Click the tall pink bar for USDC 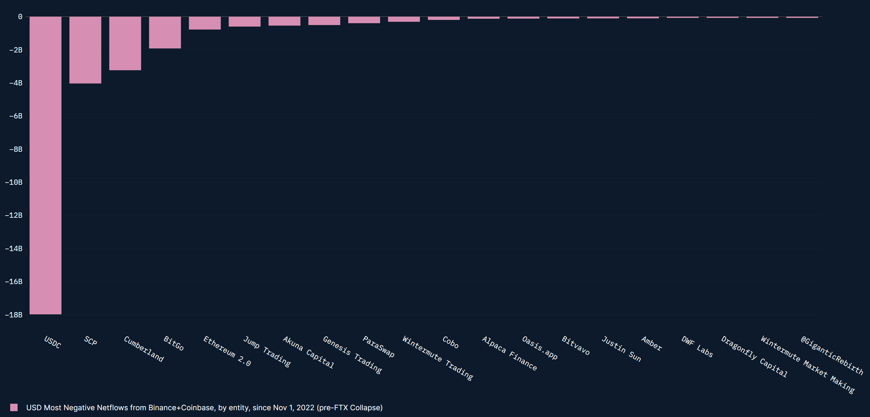[45, 165]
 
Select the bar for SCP [85, 50]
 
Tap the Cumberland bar [125, 43]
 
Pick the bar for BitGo [165, 32]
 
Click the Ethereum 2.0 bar [205, 23]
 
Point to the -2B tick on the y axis [15, 50]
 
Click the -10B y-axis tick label [14, 182]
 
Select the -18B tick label [14, 315]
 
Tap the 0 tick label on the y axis [20, 17]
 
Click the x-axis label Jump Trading [267, 352]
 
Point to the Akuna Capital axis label [308, 352]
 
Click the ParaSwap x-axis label [378, 346]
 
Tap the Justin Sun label [621, 349]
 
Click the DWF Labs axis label [697, 346]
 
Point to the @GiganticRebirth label [831, 355]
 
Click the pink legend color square [14, 407]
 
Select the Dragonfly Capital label [754, 356]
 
